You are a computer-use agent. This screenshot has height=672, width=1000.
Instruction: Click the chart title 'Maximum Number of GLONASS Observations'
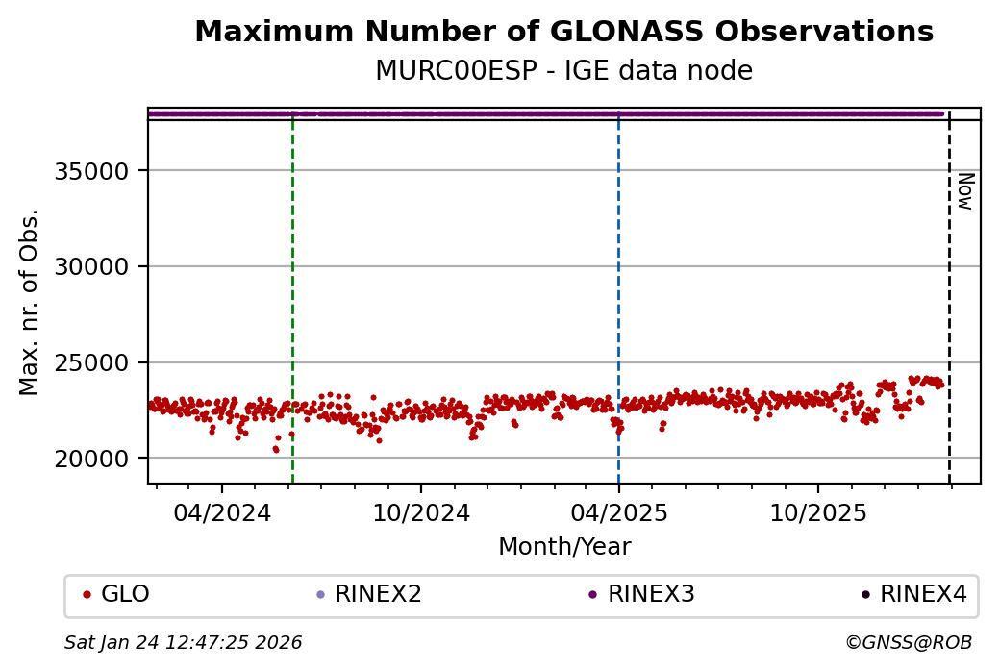click(563, 33)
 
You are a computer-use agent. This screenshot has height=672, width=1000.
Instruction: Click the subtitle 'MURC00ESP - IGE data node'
click(563, 71)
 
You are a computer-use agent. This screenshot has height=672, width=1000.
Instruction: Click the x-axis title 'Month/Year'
click(564, 547)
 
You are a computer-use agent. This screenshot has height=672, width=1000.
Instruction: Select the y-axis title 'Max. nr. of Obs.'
click(30, 302)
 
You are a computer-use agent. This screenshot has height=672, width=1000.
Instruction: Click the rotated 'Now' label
click(964, 191)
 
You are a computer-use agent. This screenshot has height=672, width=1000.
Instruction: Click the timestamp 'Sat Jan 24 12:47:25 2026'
click(184, 642)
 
